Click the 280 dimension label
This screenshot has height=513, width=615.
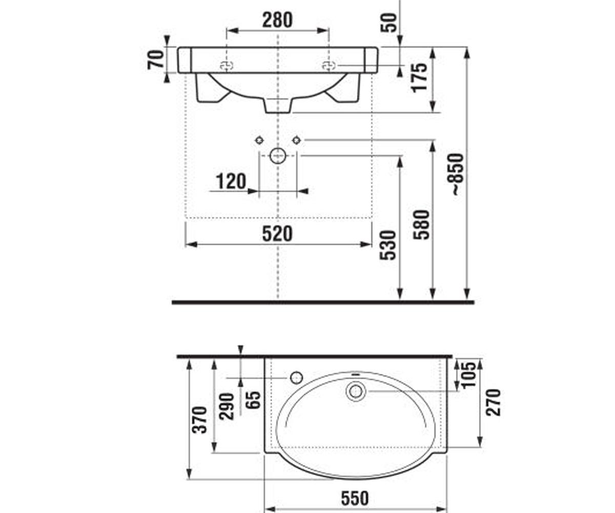[277, 20]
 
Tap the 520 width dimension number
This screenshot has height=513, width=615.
[277, 233]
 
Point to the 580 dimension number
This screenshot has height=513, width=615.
[421, 225]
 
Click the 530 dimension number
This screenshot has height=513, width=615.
[387, 245]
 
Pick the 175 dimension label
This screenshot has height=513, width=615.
[419, 78]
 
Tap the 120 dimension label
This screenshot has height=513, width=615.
[231, 181]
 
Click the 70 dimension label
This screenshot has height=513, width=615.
[155, 60]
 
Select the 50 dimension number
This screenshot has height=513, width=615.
[389, 23]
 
